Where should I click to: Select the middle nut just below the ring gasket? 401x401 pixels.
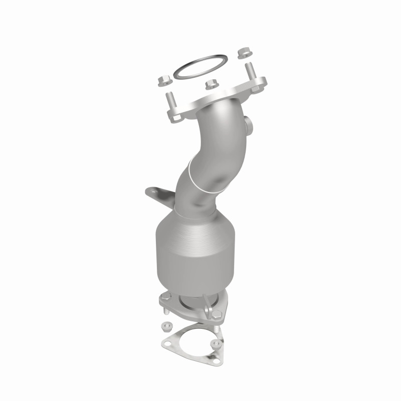pyautogui.click(x=211, y=85)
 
